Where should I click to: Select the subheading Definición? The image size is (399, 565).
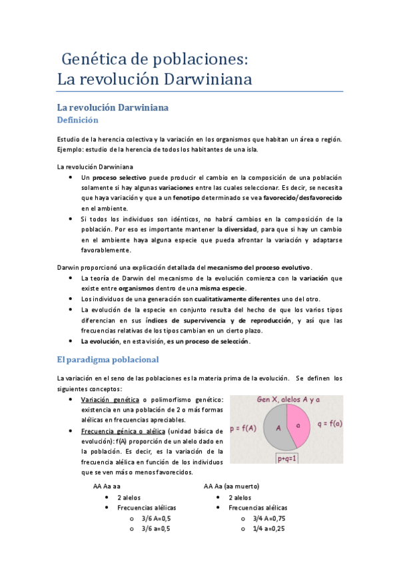[78, 121]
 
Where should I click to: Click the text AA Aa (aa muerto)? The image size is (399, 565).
[231, 486]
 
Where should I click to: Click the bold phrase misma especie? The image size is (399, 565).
[224, 288]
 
